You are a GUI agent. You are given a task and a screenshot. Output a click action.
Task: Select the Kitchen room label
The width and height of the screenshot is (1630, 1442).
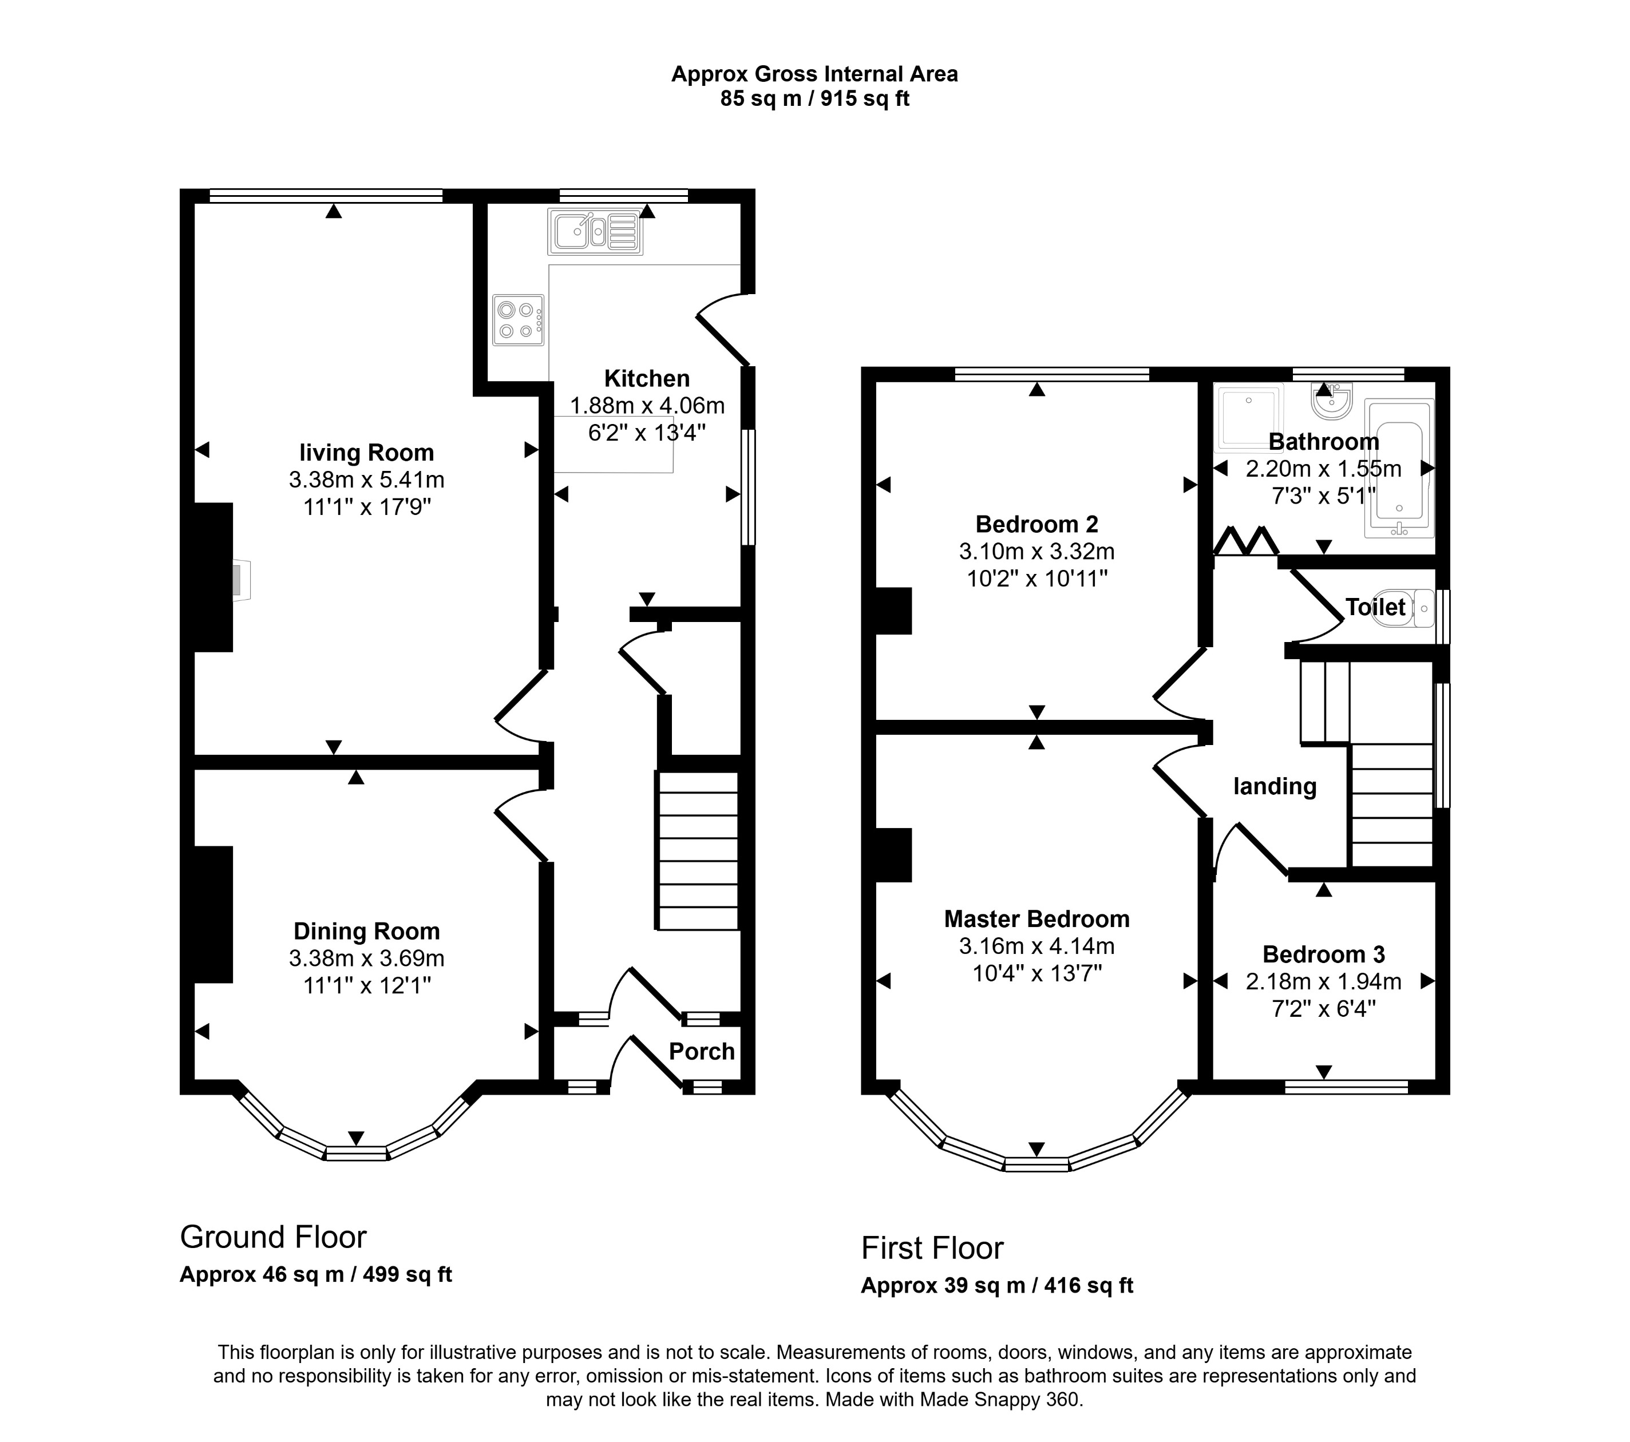pyautogui.click(x=646, y=379)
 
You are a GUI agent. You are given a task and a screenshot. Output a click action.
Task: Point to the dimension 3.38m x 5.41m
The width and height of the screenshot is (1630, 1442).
pyautogui.click(x=366, y=480)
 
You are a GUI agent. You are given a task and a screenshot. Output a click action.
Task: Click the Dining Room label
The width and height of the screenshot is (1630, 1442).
pyautogui.click(x=366, y=931)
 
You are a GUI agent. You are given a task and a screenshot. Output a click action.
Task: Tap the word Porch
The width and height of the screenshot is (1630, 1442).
pyautogui.click(x=701, y=1051)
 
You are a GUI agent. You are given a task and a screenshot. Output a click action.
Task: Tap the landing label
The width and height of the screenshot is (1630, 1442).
pyautogui.click(x=1275, y=787)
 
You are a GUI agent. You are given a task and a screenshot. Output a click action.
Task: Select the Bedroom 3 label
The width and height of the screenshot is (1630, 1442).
pyautogui.click(x=1323, y=954)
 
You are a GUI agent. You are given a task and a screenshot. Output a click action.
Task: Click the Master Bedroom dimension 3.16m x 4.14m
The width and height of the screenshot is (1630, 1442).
pyautogui.click(x=1036, y=946)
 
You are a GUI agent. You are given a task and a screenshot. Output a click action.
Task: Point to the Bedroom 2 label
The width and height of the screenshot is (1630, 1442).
pyautogui.click(x=1036, y=525)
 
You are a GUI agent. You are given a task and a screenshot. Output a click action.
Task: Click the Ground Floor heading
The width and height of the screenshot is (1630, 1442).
pyautogui.click(x=273, y=1237)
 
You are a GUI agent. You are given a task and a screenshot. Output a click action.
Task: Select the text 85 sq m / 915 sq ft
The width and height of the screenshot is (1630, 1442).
pyautogui.click(x=814, y=99)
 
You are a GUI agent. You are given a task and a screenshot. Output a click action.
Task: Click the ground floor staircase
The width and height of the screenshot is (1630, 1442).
pyautogui.click(x=697, y=850)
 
